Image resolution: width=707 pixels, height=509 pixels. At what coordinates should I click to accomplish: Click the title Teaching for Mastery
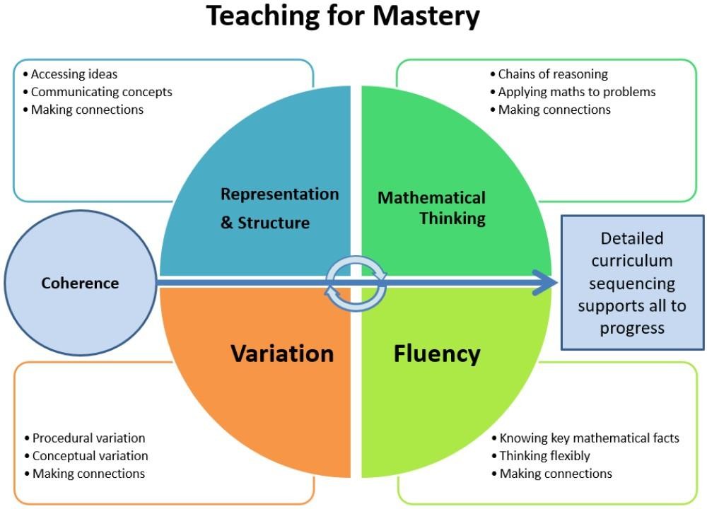pyautogui.click(x=343, y=16)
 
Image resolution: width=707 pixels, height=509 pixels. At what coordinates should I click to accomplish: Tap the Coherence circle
pyautogui.click(x=80, y=283)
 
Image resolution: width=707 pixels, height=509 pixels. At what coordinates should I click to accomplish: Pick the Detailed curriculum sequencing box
pyautogui.click(x=632, y=283)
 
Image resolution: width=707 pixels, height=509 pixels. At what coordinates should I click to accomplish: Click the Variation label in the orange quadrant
pyautogui.click(x=282, y=353)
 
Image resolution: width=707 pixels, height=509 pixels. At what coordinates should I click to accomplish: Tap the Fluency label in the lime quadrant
pyautogui.click(x=437, y=353)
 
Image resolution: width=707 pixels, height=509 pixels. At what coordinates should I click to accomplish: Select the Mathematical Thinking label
pyautogui.click(x=432, y=208)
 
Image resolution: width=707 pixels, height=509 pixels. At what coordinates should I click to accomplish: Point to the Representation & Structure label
pyautogui.click(x=279, y=208)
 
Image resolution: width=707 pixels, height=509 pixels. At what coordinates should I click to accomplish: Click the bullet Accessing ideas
pyautogui.click(x=74, y=74)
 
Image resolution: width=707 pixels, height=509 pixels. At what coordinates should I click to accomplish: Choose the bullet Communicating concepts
pyautogui.click(x=101, y=92)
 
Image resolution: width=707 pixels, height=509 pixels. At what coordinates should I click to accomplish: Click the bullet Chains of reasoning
pyautogui.click(x=552, y=74)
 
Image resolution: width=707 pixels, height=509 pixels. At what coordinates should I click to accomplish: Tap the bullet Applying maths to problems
pyautogui.click(x=576, y=92)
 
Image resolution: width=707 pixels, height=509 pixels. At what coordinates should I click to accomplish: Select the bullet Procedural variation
pyautogui.click(x=88, y=438)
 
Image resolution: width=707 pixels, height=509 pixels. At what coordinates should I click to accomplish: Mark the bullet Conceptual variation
pyautogui.click(x=90, y=456)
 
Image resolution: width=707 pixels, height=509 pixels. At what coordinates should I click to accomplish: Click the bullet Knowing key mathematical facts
pyautogui.click(x=589, y=438)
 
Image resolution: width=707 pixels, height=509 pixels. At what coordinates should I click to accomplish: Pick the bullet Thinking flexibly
pyautogui.click(x=544, y=456)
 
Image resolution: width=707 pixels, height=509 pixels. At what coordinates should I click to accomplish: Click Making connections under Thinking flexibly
pyautogui.click(x=556, y=474)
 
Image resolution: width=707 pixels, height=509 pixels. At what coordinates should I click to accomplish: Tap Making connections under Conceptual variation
pyautogui.click(x=88, y=474)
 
